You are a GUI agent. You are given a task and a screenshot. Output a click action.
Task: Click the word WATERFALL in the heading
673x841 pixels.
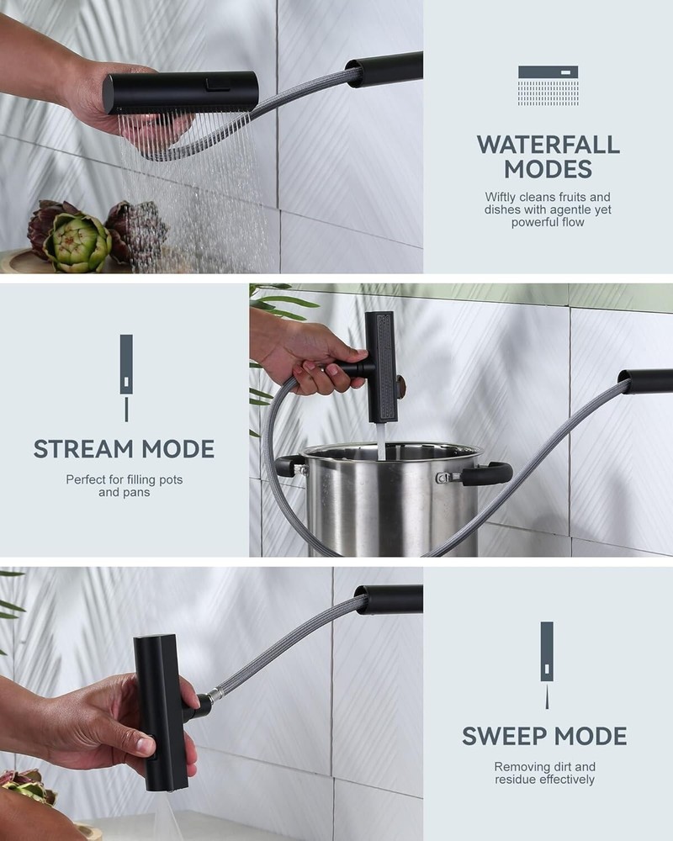click(x=548, y=145)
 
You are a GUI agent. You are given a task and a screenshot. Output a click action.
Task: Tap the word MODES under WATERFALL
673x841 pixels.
click(x=548, y=170)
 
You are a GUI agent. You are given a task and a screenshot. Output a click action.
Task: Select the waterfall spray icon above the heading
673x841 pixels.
click(x=548, y=85)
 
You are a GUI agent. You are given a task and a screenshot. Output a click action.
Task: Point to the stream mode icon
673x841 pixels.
click(x=126, y=378)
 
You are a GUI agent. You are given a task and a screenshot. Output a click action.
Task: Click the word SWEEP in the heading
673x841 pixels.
click(x=500, y=736)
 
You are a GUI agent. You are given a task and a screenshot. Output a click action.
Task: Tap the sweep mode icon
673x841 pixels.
click(x=547, y=665)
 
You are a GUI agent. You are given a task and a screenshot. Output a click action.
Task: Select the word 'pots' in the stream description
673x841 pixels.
click(x=172, y=479)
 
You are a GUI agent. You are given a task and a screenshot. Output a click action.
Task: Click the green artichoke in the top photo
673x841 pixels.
click(x=77, y=243)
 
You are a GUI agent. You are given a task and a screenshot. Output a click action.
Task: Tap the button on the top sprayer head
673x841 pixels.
click(x=218, y=83)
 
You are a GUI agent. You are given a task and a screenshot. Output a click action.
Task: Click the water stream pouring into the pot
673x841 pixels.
click(x=381, y=441)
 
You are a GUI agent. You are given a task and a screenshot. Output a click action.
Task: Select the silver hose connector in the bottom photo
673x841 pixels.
click(x=215, y=696)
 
